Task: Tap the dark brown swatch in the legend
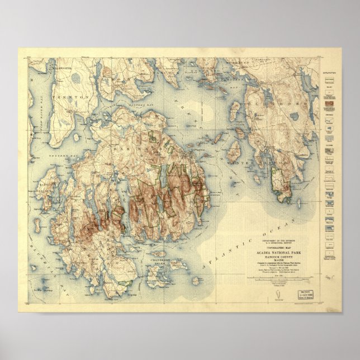[x=328, y=103]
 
